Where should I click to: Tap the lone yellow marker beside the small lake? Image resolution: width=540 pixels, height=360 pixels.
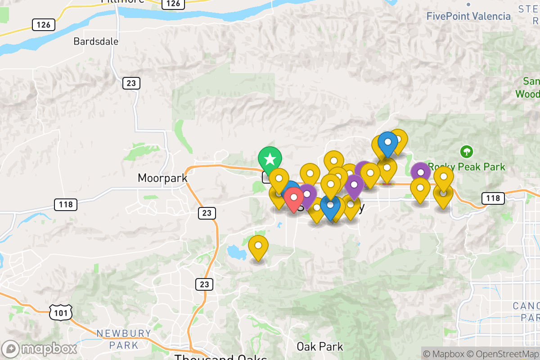[x=258, y=246]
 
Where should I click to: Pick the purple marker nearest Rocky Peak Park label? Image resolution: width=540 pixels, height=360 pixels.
[x=420, y=172]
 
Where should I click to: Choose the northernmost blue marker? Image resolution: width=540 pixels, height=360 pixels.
[x=387, y=142]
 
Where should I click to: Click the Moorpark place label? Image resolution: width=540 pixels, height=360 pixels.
[x=162, y=178]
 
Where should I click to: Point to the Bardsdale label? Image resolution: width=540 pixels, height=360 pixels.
[x=96, y=41]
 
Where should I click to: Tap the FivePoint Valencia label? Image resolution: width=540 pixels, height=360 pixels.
[x=468, y=17]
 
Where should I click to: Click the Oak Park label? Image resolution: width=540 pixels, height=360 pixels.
[x=319, y=346]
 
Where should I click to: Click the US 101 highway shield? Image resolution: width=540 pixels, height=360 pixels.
[x=60, y=312]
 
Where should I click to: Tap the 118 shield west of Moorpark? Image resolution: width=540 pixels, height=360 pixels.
[x=66, y=205]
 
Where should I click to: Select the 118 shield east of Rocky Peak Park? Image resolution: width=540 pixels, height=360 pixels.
[x=493, y=198]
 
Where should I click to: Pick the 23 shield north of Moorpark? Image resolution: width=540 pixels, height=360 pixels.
[x=131, y=83]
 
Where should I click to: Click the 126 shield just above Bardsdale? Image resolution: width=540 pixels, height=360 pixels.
[x=43, y=24]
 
